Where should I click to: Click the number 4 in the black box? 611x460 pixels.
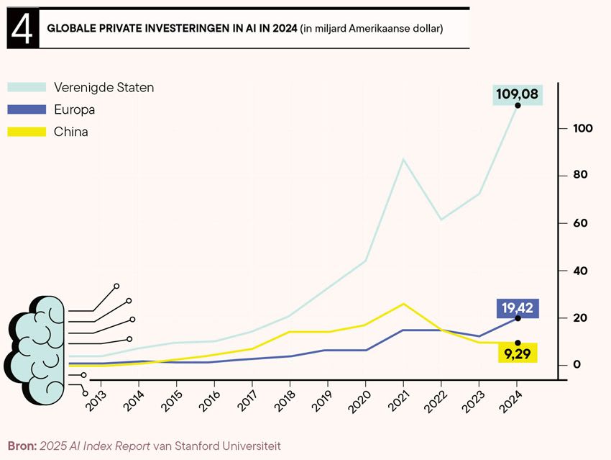point(22,30)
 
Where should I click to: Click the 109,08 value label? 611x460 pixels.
point(517,94)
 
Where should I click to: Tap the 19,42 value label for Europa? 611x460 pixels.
point(517,308)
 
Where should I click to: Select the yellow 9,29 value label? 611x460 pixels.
point(517,353)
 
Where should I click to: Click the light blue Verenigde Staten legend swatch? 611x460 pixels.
point(27,87)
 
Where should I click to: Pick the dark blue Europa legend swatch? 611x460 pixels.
point(27,109)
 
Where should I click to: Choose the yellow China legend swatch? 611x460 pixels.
point(27,132)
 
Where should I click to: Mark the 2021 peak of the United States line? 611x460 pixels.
point(403,158)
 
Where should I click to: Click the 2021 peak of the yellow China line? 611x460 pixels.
point(403,304)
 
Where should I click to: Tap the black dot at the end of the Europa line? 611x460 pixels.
point(518,318)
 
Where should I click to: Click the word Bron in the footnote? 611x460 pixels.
point(21,446)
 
